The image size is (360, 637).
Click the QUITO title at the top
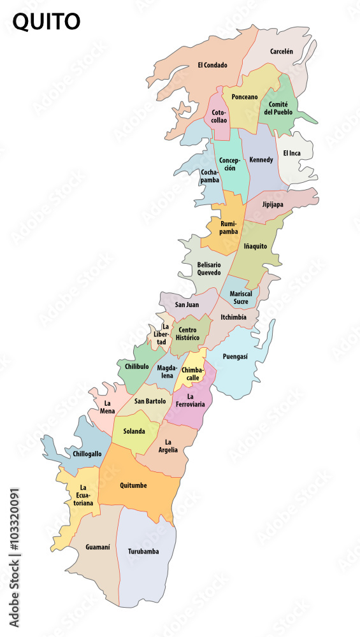coord(47,22)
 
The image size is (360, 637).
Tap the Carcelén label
coord(281,51)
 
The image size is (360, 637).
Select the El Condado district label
coord(212,65)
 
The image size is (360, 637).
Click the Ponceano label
coord(245,97)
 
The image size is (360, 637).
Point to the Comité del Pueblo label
coord(279,108)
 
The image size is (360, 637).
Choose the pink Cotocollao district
coord(219,116)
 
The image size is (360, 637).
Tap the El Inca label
coord(292,153)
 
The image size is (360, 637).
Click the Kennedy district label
coord(261,159)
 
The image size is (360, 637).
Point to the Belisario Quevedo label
coord(209,268)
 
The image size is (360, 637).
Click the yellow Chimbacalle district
coord(192,373)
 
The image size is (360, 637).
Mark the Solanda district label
coord(134,431)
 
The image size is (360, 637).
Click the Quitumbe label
coord(133,485)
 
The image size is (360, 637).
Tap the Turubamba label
coord(143,551)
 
